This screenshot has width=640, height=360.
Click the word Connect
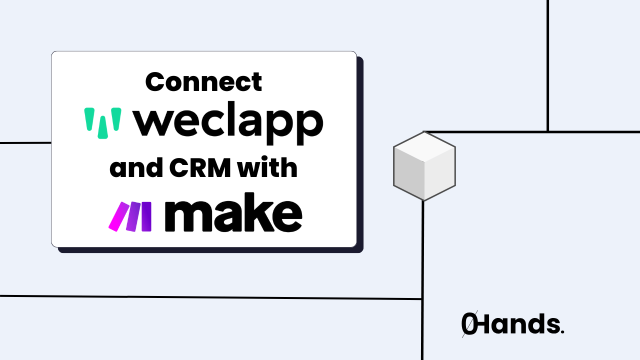point(203,82)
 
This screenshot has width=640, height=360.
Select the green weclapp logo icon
point(102,122)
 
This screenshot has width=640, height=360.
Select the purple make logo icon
point(130,216)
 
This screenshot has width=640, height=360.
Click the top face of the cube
point(424,147)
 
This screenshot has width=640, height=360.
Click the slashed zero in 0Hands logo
point(468,324)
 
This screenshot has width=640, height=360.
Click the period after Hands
point(562,332)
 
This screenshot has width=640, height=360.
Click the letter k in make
point(258,215)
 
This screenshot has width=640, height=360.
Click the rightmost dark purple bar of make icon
point(146,216)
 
